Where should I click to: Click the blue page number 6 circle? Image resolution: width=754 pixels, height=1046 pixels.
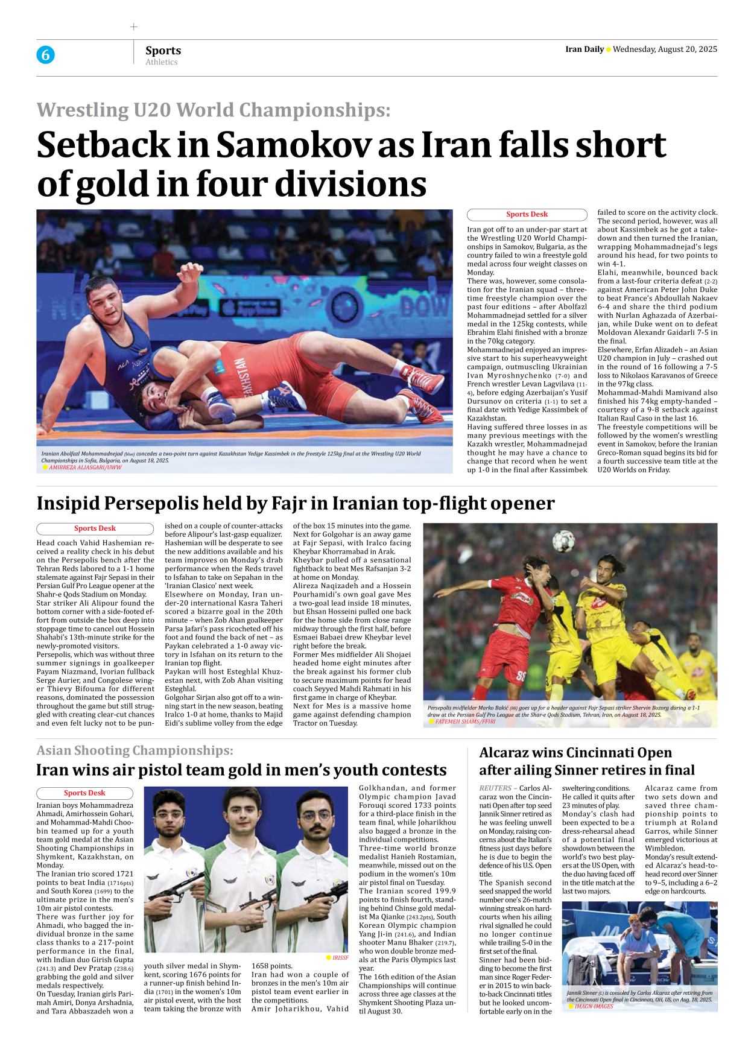(45, 55)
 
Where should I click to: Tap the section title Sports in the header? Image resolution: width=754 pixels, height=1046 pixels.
(163, 51)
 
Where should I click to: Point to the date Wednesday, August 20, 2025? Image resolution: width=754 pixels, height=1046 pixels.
(665, 49)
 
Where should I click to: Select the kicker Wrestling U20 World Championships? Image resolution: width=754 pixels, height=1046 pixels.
(214, 110)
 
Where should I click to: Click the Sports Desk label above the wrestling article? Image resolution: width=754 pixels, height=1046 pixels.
(527, 215)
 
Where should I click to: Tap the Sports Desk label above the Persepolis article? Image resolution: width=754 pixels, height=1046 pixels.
(95, 528)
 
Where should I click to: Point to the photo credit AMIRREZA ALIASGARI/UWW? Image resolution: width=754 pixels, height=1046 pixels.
(85, 468)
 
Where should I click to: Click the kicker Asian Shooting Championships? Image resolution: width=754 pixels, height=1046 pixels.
(135, 750)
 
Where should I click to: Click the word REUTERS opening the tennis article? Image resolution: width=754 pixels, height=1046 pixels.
(495, 788)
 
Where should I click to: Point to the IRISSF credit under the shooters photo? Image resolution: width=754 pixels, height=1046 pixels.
(340, 957)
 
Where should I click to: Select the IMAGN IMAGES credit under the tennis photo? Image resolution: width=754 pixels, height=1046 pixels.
(594, 1006)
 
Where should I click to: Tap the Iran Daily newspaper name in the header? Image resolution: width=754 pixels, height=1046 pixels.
(585, 49)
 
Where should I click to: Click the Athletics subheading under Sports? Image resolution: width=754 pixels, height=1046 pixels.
(162, 62)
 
